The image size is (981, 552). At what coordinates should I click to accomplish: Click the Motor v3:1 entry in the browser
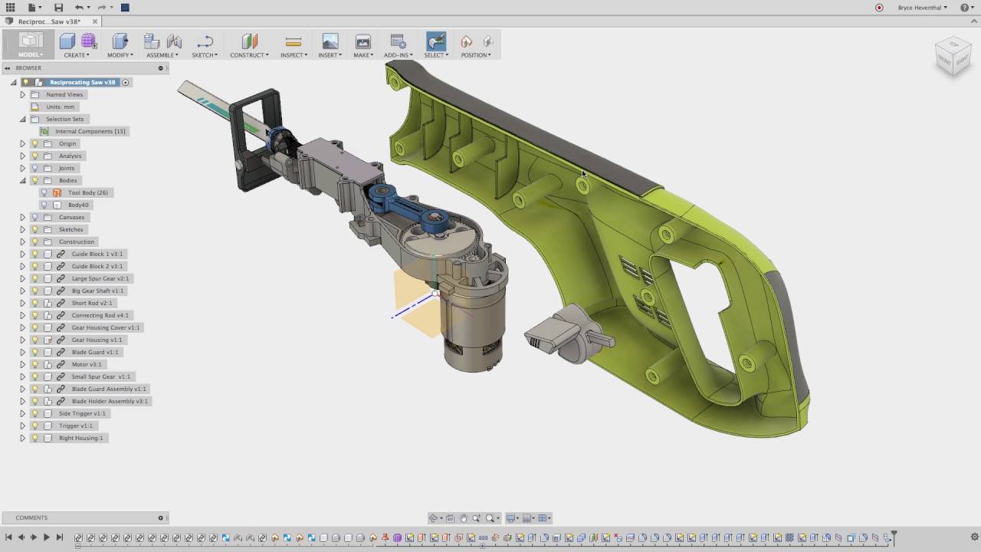[x=86, y=364]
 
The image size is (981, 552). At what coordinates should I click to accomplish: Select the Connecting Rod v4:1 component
[x=100, y=315]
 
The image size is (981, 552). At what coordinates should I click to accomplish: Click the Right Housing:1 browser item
[x=80, y=438]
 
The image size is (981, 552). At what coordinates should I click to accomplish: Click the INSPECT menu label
[x=294, y=55]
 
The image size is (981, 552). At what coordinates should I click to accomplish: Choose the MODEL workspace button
[x=31, y=45]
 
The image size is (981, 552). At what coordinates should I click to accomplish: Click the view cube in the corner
[x=953, y=57]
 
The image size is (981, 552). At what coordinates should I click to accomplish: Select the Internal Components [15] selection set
[x=90, y=131]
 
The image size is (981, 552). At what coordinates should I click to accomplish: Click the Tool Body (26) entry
[x=87, y=192]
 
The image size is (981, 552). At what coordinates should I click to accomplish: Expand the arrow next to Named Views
[x=22, y=94]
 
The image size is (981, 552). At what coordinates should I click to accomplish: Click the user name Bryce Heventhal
[x=922, y=8]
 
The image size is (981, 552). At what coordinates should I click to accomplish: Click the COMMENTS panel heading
[x=31, y=517]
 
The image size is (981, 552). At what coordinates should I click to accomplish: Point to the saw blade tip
[x=184, y=87]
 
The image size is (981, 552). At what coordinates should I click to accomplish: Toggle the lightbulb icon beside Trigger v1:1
[x=34, y=426]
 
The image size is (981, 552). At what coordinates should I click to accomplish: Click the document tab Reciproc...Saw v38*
[x=47, y=21]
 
